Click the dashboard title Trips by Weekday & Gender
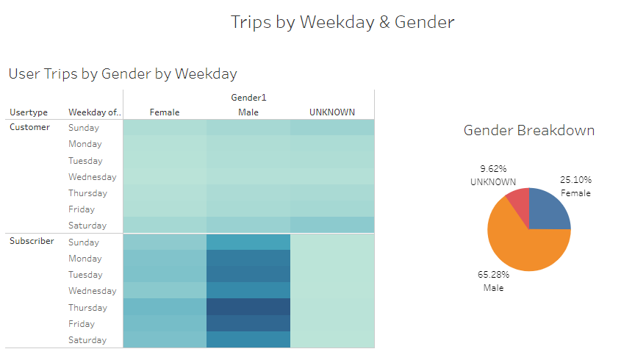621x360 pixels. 342,22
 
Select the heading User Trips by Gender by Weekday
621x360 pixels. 123,73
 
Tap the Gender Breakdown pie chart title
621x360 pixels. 528,131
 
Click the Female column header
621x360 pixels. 165,112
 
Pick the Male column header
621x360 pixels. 248,112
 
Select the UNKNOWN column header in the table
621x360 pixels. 332,112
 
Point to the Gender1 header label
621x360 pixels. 248,98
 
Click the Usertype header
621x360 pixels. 29,112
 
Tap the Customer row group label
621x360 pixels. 30,127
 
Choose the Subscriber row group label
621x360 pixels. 32,241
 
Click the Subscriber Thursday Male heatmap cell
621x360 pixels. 248,307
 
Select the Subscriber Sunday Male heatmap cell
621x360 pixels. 248,242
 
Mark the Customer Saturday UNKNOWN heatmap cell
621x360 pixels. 332,225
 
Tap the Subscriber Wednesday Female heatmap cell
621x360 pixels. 165,291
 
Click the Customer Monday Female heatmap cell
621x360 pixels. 165,144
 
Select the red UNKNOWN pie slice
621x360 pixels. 517,201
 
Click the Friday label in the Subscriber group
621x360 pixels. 81,324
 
